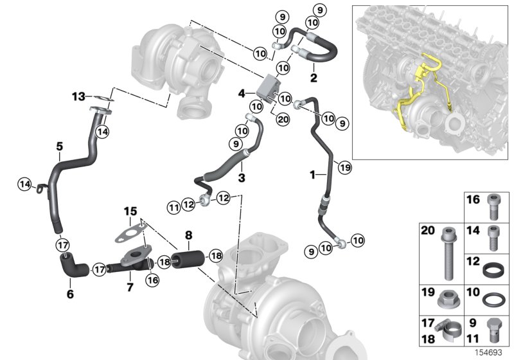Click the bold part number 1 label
click(x=313, y=174)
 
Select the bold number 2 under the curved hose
click(x=314, y=79)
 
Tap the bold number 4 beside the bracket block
click(x=242, y=94)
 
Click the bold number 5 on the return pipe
click(x=59, y=147)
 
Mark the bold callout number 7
click(x=130, y=286)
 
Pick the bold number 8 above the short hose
click(x=189, y=235)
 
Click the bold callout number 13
click(x=78, y=96)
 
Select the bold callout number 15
click(x=130, y=210)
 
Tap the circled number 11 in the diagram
click(x=173, y=206)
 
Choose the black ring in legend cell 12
click(x=492, y=265)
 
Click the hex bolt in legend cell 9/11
click(x=492, y=329)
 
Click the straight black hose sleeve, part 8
click(x=189, y=261)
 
